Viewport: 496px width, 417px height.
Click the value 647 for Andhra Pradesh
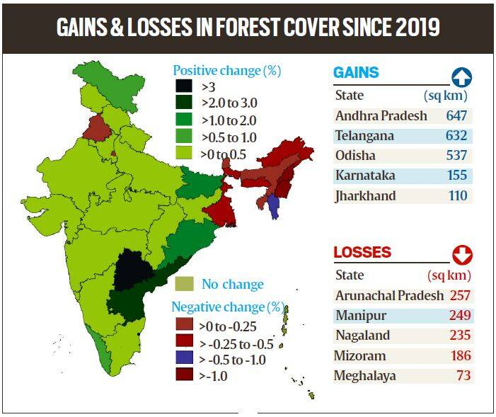456,115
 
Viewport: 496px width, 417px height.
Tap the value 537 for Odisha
456,155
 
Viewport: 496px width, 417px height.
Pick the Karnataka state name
365,175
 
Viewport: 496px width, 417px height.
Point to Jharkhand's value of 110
456,195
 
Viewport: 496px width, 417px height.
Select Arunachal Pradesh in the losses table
389,295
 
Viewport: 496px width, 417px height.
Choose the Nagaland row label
362,335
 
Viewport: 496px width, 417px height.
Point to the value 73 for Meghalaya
463,375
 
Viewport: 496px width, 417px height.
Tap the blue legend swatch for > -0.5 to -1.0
184,359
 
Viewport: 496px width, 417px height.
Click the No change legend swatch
184,285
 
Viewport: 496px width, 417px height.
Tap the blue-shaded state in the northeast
274,205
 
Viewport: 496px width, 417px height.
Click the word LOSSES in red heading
362,253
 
